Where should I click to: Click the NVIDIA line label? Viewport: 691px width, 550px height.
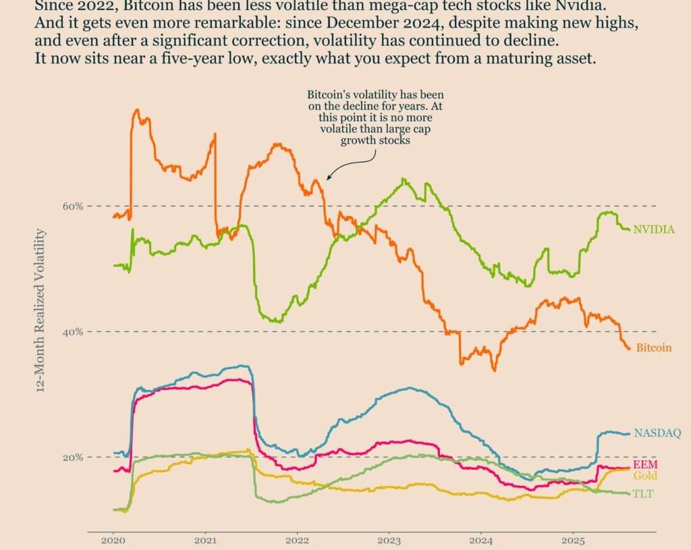pos(653,229)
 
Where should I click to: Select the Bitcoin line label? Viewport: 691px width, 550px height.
pos(654,348)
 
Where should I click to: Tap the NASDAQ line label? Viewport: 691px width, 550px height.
pos(657,433)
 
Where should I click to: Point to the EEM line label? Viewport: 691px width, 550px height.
pos(645,464)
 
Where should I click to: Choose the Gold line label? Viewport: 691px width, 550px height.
pos(645,476)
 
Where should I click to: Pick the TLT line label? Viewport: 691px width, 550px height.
pos(643,494)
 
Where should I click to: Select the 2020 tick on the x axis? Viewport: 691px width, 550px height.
pos(113,541)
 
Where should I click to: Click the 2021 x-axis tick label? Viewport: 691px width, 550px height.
pos(205,541)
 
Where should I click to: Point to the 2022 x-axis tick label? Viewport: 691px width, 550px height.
pos(297,541)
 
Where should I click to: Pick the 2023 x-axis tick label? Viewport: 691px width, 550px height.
pos(389,541)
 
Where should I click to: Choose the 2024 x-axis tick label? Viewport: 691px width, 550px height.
pos(481,541)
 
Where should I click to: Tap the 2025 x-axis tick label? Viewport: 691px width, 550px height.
pos(573,541)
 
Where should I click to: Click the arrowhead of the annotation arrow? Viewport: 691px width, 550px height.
pos(328,178)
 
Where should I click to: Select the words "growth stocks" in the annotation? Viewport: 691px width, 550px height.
pos(375,141)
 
